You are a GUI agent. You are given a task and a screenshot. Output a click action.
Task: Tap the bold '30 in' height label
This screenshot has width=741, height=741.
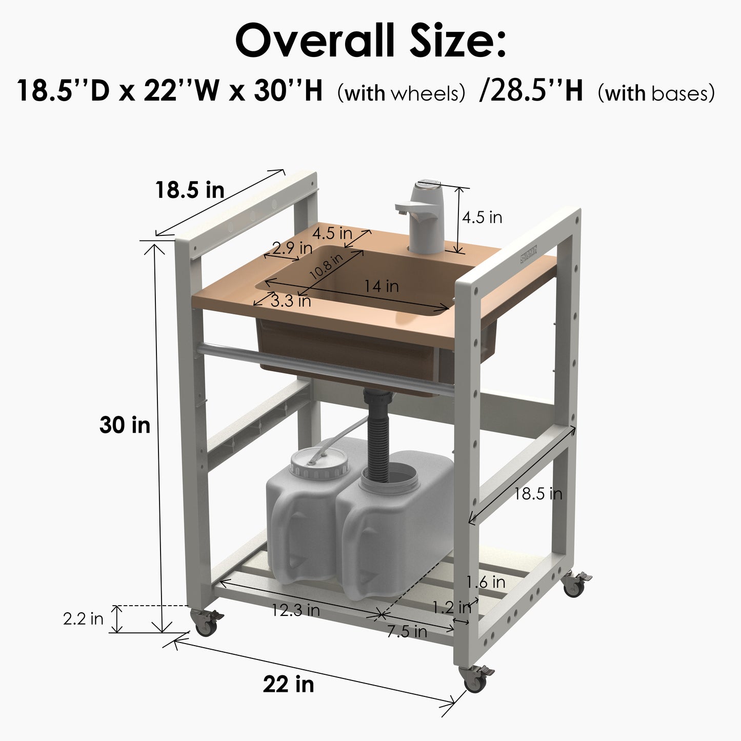[x=125, y=425]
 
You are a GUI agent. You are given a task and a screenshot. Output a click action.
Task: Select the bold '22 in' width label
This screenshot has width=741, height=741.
[x=288, y=684]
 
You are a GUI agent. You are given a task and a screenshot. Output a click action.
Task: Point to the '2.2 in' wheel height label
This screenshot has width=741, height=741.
[x=83, y=619]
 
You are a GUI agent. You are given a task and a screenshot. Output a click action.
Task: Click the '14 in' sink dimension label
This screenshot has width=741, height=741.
[x=382, y=286]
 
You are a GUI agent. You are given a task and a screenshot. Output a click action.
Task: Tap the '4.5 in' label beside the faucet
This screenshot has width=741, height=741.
[x=482, y=217]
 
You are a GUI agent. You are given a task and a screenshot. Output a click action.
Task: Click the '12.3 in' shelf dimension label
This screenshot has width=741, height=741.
[x=296, y=610]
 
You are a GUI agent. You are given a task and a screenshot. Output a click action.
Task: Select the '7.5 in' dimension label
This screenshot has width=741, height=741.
[x=407, y=632]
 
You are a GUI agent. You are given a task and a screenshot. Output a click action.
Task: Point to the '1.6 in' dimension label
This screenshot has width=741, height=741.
[x=486, y=582]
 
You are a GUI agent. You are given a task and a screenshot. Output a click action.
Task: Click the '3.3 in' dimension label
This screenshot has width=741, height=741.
[x=290, y=301]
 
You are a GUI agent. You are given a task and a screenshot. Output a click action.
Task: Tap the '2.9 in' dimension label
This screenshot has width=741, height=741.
[x=292, y=248]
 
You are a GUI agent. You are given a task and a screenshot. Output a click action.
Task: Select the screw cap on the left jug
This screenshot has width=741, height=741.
[x=320, y=463]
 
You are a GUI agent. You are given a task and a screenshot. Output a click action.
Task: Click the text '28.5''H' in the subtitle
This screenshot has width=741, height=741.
[x=531, y=91]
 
